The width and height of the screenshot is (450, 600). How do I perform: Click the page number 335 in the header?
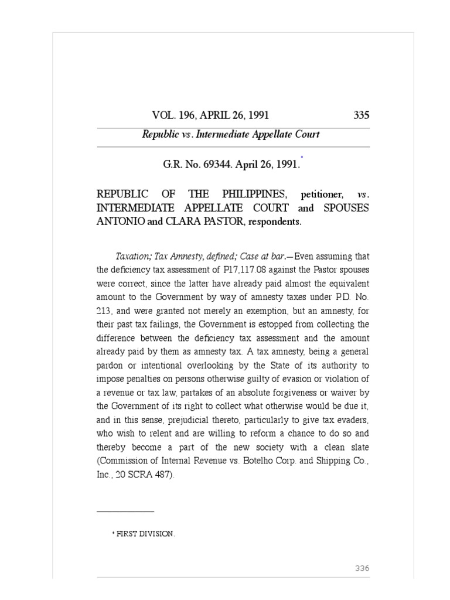pyautogui.click(x=362, y=115)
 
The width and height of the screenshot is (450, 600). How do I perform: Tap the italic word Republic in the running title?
pyautogui.click(x=159, y=135)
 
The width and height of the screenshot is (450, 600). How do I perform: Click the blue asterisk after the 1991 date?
pyautogui.click(x=302, y=157)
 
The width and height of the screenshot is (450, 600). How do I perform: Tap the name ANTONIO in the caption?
pyautogui.click(x=118, y=222)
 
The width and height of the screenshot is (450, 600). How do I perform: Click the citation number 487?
pyautogui.click(x=163, y=476)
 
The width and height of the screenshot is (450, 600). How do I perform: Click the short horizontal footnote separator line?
pyautogui.click(x=125, y=512)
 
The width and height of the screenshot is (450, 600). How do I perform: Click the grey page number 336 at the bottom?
pyautogui.click(x=362, y=568)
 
